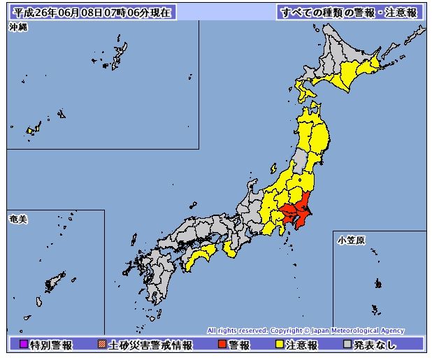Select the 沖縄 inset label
[18, 27]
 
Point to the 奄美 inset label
[18, 219]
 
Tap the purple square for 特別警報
[22, 345]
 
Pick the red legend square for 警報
[222, 345]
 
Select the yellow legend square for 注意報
[279, 345]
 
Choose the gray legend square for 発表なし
[347, 345]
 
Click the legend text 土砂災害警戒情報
[147, 345]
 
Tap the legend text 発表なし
[377, 345]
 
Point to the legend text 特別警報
[50, 345]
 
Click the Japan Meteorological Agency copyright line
[305, 331]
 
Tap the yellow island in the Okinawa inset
[30, 130]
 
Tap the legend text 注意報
[302, 345]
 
